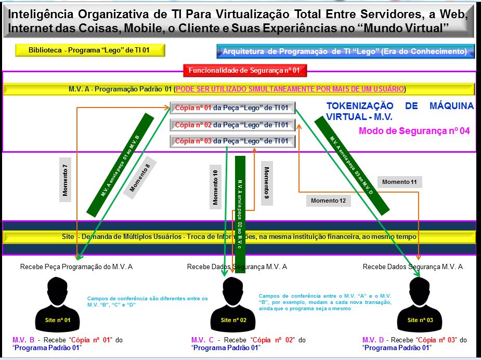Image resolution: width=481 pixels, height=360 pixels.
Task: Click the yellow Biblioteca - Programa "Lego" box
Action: pyautogui.click(x=90, y=50)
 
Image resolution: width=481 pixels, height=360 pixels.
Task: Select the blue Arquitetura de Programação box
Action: pyautogui.click(x=345, y=51)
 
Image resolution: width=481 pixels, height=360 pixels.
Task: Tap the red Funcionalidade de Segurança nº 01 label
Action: pyautogui.click(x=244, y=70)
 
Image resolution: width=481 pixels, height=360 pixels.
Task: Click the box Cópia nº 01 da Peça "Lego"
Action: pyautogui.click(x=232, y=108)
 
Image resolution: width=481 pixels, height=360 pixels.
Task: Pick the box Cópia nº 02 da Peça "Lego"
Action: pyautogui.click(x=232, y=125)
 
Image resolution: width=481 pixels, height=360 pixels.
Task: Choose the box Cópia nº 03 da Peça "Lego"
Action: pyautogui.click(x=232, y=141)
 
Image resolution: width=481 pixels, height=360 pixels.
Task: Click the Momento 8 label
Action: pyautogui.click(x=139, y=178)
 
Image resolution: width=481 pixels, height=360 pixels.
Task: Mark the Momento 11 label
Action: pyautogui.click(x=399, y=182)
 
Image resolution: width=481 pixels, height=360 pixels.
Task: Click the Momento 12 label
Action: pyautogui.click(x=328, y=200)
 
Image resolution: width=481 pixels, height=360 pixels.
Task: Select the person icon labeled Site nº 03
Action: pyautogui.click(x=420, y=301)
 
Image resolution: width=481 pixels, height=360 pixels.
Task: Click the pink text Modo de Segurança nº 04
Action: pyautogui.click(x=414, y=131)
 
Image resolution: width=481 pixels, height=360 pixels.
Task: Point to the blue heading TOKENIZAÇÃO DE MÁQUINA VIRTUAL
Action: pyautogui.click(x=399, y=111)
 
